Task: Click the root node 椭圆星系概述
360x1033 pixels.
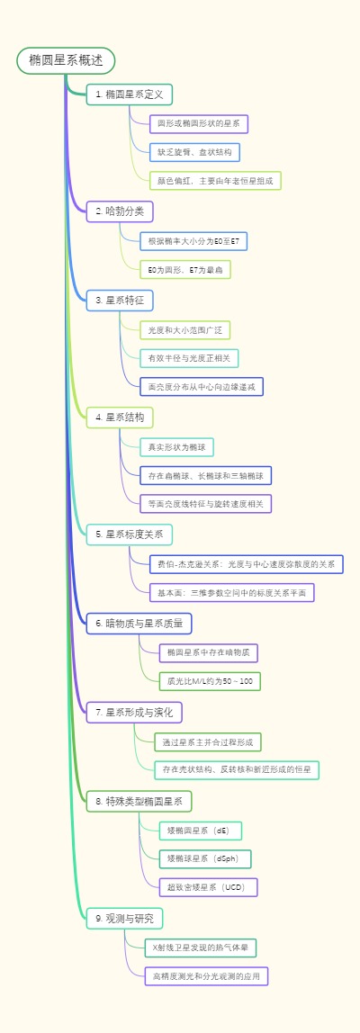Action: pyautogui.click(x=66, y=60)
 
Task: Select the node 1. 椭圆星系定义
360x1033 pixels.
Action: pyautogui.click(x=129, y=94)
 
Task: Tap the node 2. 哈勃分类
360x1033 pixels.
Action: pyautogui.click(x=120, y=211)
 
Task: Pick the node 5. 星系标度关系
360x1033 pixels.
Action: pyautogui.click(x=129, y=534)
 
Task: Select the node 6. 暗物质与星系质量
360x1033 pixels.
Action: pyautogui.click(x=139, y=623)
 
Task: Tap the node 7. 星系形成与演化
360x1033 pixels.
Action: pyautogui.click(x=134, y=712)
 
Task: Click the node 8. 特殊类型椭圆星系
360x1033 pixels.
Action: pyautogui.click(x=139, y=800)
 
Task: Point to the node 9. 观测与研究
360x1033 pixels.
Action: pyautogui.click(x=124, y=918)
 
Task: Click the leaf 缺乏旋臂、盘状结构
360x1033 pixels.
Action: pyautogui.click(x=194, y=152)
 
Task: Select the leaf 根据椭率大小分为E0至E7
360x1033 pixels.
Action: pyautogui.click(x=193, y=241)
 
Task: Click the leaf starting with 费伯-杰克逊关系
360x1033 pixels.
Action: pyautogui.click(x=246, y=564)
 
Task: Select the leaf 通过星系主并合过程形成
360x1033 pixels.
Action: pyautogui.click(x=208, y=742)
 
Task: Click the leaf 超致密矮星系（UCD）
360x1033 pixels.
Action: pyautogui.click(x=208, y=887)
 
